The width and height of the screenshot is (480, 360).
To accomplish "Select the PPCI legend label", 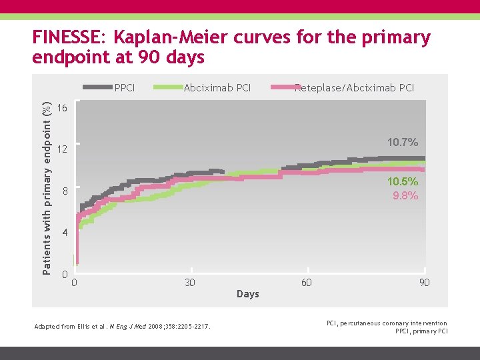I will tap(125, 87).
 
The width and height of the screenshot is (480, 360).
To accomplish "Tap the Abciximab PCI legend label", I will tap(217, 87).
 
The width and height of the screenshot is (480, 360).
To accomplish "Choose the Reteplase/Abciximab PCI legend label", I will tap(354, 87).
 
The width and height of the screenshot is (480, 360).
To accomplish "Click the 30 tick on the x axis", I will tap(190, 283).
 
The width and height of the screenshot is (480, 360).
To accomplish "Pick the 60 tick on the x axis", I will tap(306, 283).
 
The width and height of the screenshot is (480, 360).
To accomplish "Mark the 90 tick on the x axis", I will tap(424, 283).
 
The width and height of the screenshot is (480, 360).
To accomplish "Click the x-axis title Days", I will tap(248, 294).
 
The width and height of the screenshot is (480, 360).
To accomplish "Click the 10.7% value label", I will tap(403, 142).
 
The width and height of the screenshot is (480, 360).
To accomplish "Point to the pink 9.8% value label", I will tap(405, 196).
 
